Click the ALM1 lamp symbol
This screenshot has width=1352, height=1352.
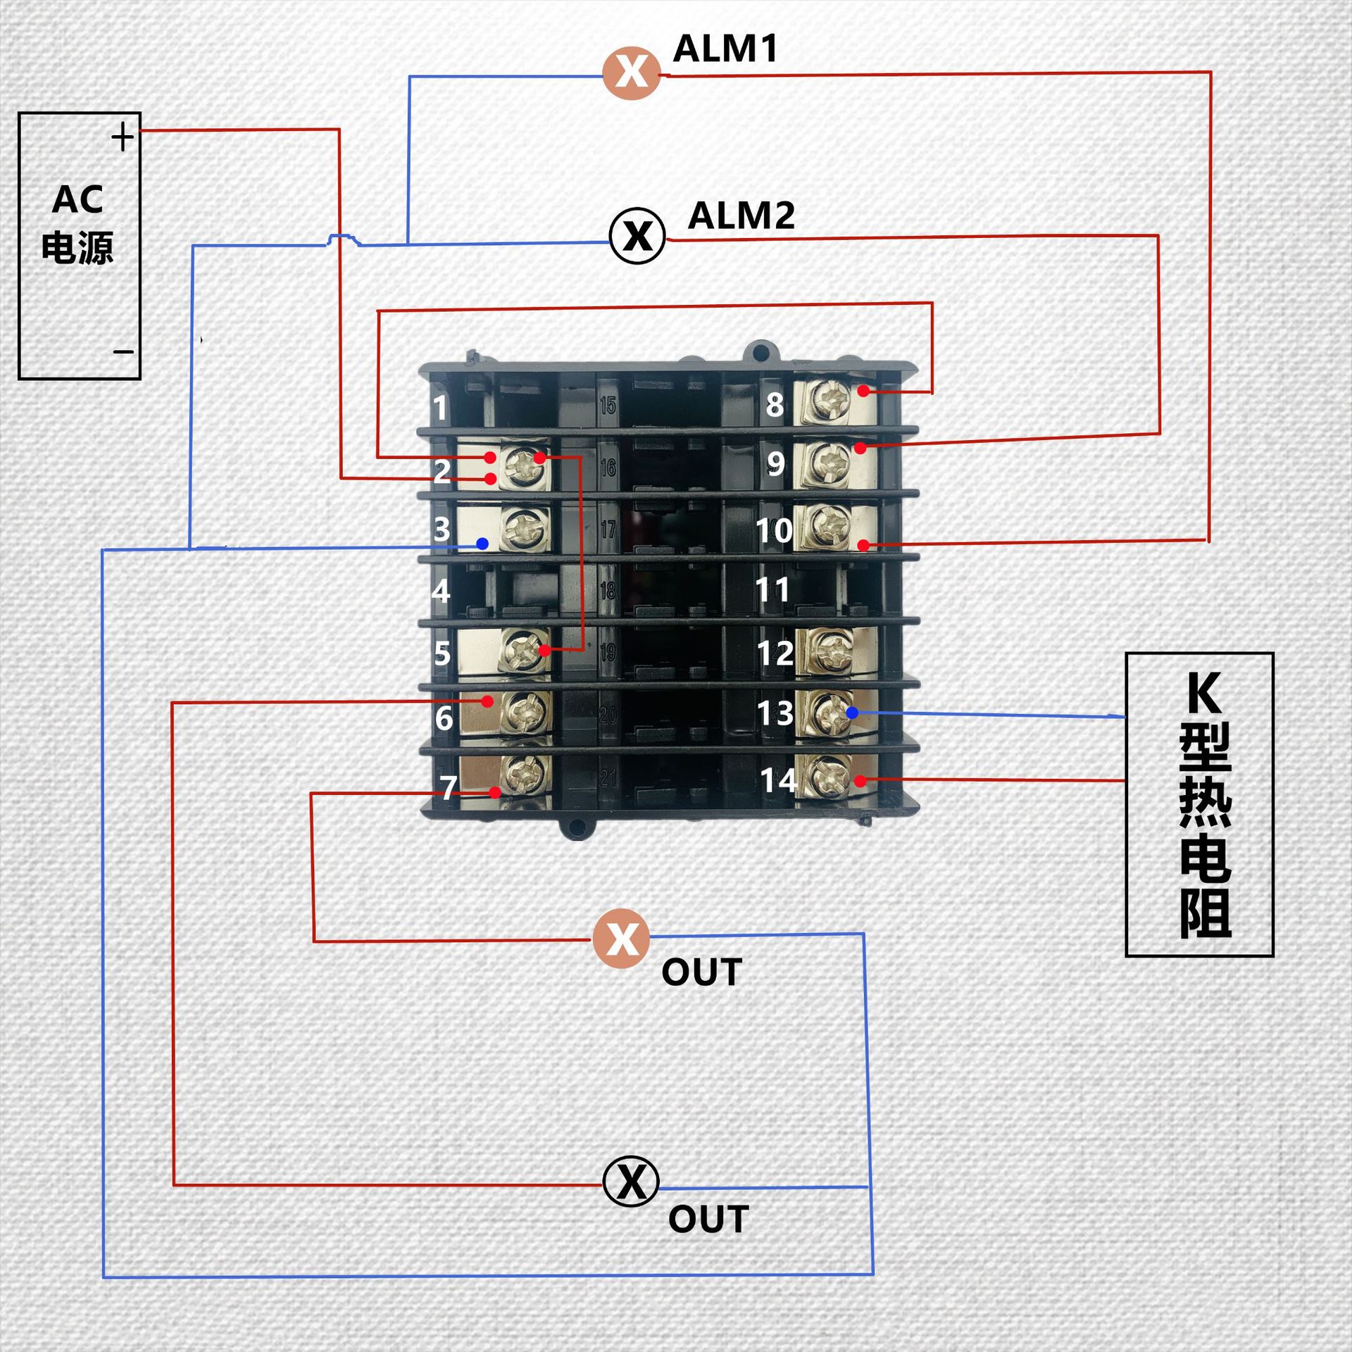tap(632, 73)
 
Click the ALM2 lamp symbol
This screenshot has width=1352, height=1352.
tap(637, 236)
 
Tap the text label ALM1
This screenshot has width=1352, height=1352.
tap(725, 49)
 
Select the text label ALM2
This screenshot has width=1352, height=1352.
tap(741, 215)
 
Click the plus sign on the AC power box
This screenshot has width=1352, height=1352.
tap(123, 137)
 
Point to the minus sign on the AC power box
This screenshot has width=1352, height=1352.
tap(123, 351)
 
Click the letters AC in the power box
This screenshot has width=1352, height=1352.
tap(77, 200)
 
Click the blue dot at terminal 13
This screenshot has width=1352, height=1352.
tap(852, 713)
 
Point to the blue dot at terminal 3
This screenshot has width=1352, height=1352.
tap(482, 544)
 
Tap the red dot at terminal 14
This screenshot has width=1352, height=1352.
tap(860, 781)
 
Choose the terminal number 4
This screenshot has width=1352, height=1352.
tap(441, 591)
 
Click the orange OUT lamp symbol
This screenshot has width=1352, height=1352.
tap(621, 939)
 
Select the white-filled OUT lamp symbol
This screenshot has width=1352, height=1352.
tap(631, 1182)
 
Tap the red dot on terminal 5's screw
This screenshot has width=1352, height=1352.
tap(544, 650)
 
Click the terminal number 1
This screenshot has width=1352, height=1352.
tap(440, 408)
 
